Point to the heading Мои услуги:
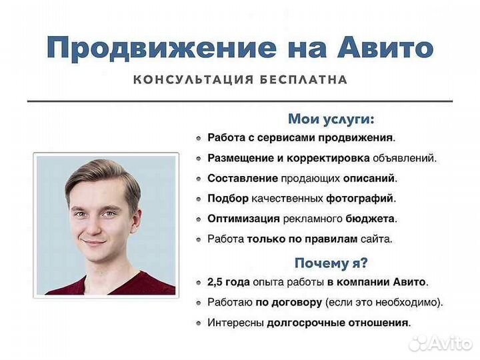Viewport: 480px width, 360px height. [331, 119]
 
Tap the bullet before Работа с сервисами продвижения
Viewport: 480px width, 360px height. [199, 139]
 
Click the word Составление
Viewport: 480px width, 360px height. [233, 179]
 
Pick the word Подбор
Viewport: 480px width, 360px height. [228, 199]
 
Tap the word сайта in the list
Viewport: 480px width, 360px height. [377, 239]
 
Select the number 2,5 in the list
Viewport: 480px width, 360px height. [217, 283]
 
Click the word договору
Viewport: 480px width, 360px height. [297, 303]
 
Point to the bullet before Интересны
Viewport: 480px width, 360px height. [199, 323]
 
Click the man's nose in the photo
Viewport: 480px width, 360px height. [93, 225]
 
